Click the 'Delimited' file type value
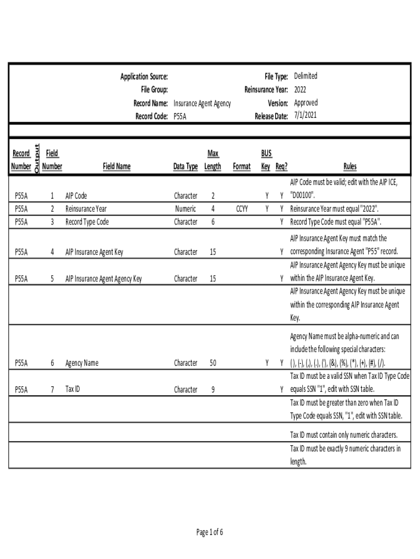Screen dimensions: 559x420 305,76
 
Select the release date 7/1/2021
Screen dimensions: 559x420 305,115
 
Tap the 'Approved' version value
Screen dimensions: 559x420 305,103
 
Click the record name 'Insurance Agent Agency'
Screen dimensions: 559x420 202,103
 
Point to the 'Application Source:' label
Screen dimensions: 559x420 144,77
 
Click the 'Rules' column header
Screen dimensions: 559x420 350,166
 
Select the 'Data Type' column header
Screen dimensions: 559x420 185,166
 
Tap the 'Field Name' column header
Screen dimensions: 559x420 117,166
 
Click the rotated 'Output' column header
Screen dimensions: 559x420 37,159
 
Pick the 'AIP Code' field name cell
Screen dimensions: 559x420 76,195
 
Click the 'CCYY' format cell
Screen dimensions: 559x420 242,209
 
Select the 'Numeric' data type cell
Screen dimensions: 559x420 185,209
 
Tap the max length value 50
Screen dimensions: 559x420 213,362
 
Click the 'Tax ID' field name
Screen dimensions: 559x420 73,390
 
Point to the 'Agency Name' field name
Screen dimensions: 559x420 82,362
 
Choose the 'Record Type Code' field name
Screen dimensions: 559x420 87,222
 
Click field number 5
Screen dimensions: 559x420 52,278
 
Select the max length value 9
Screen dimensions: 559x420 213,390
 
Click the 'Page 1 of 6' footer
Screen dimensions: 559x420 209,532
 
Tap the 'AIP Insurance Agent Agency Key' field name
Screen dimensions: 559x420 104,278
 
